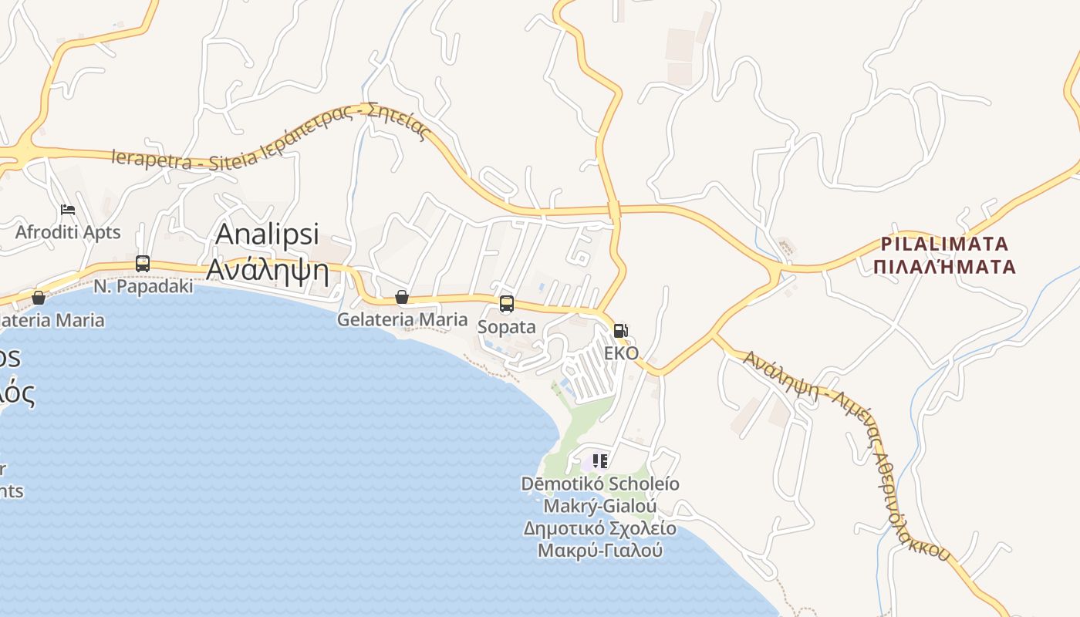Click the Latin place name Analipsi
[x=267, y=234]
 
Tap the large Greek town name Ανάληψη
[x=267, y=271]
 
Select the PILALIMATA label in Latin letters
[x=945, y=244]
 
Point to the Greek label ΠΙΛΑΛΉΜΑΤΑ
[x=948, y=268]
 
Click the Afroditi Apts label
[x=68, y=232]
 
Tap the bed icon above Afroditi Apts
[x=68, y=210]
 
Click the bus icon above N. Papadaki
[x=143, y=263]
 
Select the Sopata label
[x=506, y=327]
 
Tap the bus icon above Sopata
[x=506, y=304]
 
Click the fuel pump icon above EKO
[x=620, y=331]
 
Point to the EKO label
[x=621, y=353]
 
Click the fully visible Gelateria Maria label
[x=402, y=319]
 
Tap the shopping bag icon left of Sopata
[x=401, y=297]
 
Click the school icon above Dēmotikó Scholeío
[x=600, y=461]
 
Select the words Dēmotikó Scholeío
[x=600, y=484]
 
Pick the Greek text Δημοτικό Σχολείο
[x=599, y=529]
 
